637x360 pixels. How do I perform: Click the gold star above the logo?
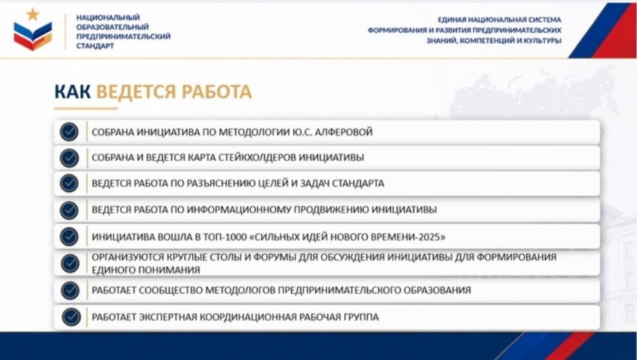33,14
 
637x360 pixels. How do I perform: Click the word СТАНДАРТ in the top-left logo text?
95,46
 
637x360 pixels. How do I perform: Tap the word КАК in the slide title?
72,92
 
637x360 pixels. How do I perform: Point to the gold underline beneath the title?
86,108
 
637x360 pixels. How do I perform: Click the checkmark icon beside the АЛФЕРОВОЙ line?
69,132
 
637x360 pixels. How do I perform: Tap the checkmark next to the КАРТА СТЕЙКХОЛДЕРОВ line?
69,157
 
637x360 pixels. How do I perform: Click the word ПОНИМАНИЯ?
173,270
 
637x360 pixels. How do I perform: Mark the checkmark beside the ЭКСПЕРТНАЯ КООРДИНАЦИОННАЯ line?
71,317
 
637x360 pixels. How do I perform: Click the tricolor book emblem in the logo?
33,35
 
